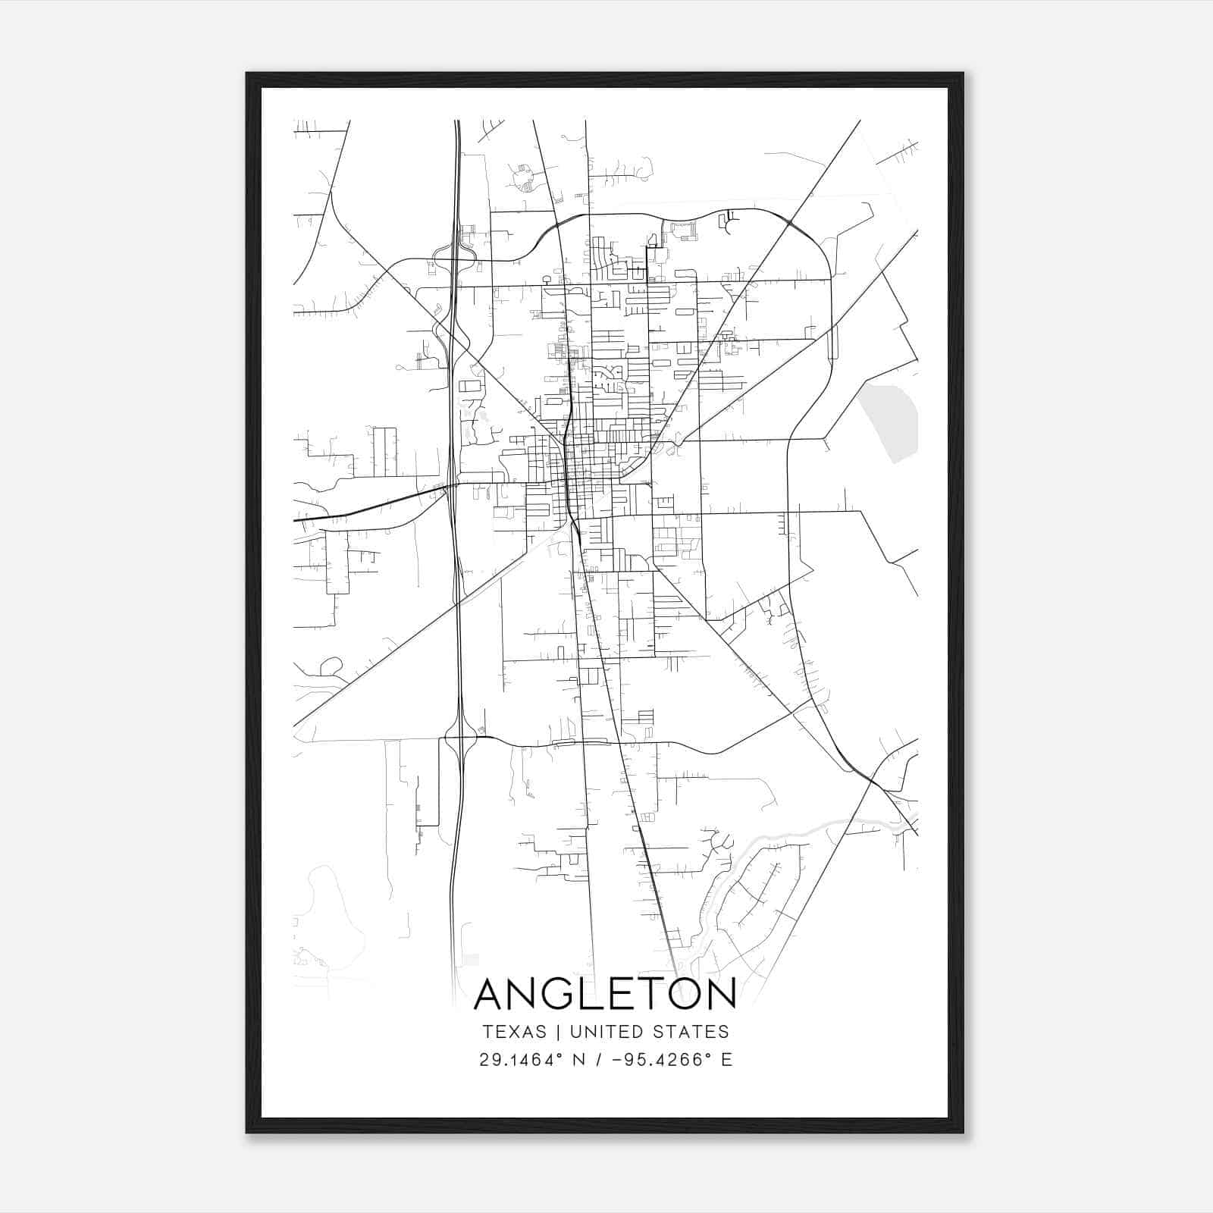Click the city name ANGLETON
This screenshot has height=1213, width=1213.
pos(605,994)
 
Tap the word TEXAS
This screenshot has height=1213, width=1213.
pos(513,1032)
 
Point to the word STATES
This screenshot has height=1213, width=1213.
pos(697,1032)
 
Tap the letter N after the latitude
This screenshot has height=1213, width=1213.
pos(579,1060)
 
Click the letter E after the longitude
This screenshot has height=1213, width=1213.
pos(726,1060)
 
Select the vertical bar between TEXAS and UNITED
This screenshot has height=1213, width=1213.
pos(558,1032)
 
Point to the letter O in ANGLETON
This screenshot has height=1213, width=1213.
pos(680,994)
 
